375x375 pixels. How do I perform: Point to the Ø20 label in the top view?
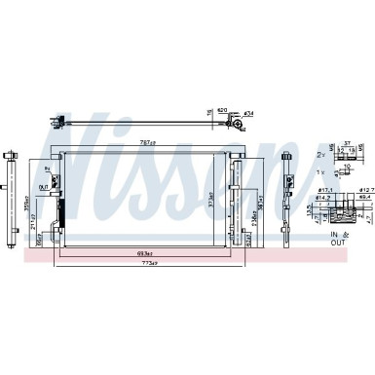[221, 109]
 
